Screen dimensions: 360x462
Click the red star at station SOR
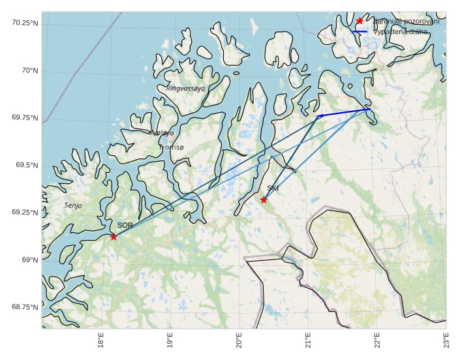coord(114,237)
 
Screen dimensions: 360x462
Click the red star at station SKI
coord(264,200)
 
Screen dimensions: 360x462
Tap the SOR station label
coord(125,225)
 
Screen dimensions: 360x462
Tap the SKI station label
coord(273,188)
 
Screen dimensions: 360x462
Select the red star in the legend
coord(360,22)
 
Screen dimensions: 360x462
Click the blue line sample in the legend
coord(360,31)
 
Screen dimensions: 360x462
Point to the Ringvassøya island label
coord(185,88)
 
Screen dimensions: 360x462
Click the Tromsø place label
coord(172,147)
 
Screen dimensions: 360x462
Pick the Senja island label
coord(74,205)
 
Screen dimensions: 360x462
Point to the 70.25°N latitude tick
coord(25,23)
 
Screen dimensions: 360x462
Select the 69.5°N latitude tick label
coord(27,165)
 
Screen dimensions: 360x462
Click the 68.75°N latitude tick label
coord(25,307)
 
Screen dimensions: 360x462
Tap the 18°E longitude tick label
coord(100,342)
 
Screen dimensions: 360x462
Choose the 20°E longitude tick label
coord(239,342)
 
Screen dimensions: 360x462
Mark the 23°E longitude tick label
coord(446,342)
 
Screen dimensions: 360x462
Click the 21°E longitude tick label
coord(308,342)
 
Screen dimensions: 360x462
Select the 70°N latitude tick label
coord(29,70)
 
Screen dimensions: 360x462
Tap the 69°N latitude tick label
coord(29,260)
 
